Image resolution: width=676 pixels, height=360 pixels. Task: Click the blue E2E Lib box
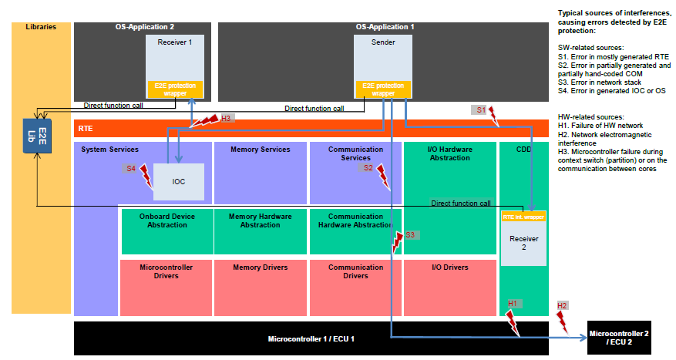[x=35, y=136]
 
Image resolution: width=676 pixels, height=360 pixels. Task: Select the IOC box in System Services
[x=179, y=183]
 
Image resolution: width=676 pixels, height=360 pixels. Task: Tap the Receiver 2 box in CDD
[x=523, y=244]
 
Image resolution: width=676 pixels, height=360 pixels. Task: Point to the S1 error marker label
[x=479, y=110]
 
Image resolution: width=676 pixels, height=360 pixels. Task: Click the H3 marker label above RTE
[x=226, y=118]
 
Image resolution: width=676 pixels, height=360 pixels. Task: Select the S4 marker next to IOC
[x=131, y=168]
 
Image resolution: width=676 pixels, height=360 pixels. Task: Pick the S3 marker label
[x=411, y=234]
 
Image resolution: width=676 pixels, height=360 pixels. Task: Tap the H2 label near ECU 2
[x=563, y=306]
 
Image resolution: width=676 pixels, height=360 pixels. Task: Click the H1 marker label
[x=513, y=304]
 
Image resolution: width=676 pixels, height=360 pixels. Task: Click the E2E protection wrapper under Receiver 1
[x=176, y=89]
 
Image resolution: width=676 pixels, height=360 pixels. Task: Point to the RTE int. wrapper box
[x=523, y=217]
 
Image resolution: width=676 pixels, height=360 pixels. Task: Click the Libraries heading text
[x=41, y=27]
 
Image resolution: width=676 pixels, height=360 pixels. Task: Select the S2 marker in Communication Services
[x=368, y=167]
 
